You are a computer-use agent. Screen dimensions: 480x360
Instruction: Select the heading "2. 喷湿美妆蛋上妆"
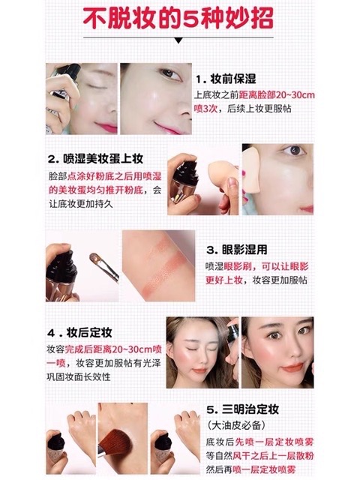pos(95,160)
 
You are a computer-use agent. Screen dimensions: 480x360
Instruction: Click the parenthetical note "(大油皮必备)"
pos(233,425)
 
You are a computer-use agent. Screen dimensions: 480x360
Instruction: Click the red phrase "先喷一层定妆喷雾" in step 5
pos(271,440)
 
